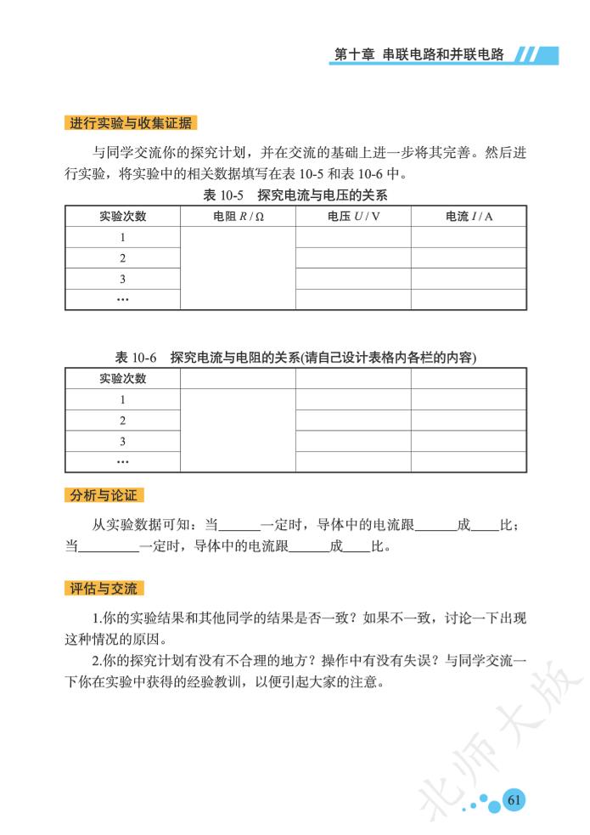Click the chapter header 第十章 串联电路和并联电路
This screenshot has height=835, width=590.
tap(419, 54)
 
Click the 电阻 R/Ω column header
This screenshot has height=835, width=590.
tap(238, 217)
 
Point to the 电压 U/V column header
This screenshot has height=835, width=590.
tap(352, 217)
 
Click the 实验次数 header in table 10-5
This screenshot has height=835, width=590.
tap(123, 217)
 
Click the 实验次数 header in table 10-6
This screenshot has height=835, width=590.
tap(123, 379)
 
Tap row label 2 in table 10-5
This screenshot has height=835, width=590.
tap(123, 258)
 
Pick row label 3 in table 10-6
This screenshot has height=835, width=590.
tap(123, 441)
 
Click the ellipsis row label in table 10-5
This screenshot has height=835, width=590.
tap(123, 300)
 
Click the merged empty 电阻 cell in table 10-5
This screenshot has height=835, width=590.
tap(238, 268)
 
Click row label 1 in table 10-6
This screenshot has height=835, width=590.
tap(123, 399)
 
